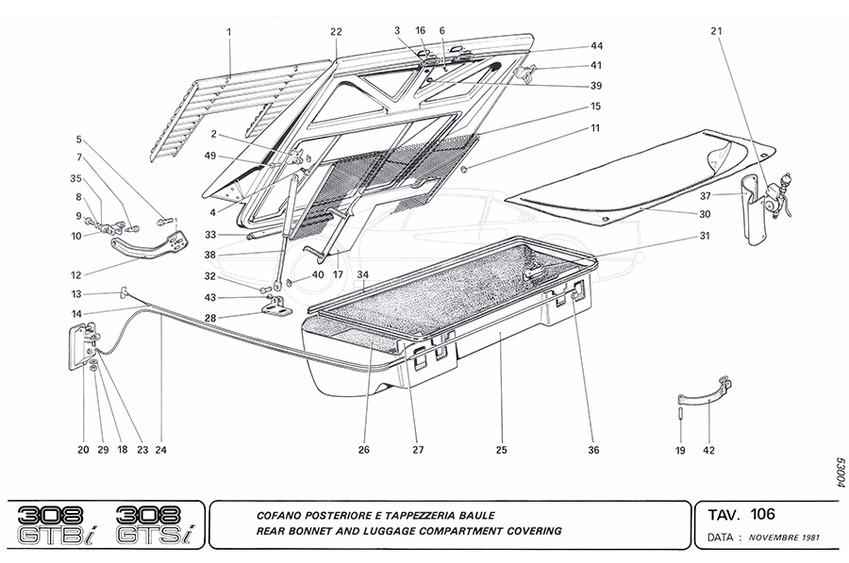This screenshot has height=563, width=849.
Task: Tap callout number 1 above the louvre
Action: pos(229,33)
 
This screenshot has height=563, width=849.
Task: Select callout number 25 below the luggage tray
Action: pos(502,451)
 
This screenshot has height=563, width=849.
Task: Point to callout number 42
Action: pos(708,451)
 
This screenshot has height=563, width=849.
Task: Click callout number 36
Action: pos(593,451)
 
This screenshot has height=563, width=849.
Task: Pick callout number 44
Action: pos(596,46)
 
